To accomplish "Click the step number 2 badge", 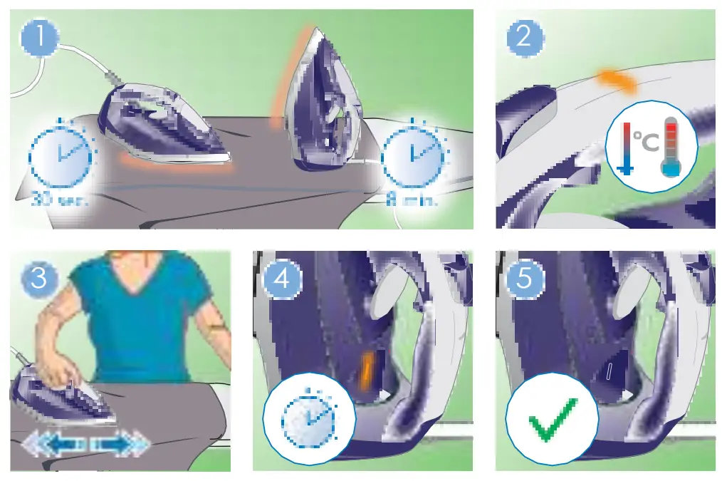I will point(524,36).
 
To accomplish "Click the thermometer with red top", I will point(671,147).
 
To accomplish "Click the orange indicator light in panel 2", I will point(617,79).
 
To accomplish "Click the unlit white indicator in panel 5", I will point(609,371).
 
